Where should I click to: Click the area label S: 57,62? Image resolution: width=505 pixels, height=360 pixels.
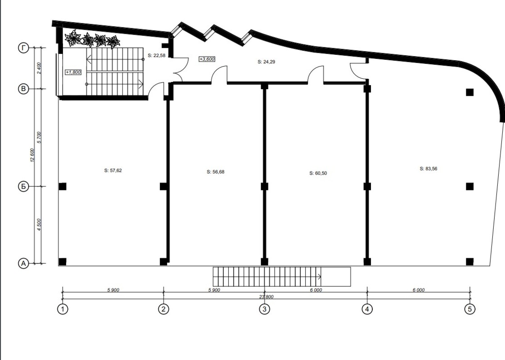(113, 171)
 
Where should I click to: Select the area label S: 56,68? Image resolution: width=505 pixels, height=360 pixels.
(216, 172)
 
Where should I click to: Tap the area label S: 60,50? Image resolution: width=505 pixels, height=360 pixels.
(318, 173)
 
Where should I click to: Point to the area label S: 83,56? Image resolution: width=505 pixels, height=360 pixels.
(428, 168)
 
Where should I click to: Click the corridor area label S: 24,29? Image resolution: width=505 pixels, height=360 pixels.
(266, 62)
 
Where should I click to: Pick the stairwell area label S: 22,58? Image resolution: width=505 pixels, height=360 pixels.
(157, 55)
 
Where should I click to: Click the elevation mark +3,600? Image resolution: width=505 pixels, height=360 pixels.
(207, 59)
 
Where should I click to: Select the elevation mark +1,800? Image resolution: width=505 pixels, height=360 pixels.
(73, 72)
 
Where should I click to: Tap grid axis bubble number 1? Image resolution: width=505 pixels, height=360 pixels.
(63, 309)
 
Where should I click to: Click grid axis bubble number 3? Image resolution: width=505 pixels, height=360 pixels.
(264, 309)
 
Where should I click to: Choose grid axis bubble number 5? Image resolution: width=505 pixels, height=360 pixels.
(469, 309)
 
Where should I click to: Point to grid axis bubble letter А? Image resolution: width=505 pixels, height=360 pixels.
(23, 263)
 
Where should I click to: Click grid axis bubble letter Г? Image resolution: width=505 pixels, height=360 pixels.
(23, 48)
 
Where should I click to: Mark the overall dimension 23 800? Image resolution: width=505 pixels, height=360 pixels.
(266, 297)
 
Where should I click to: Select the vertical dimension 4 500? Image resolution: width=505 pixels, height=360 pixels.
(39, 225)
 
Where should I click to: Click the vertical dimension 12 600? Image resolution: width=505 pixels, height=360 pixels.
(32, 155)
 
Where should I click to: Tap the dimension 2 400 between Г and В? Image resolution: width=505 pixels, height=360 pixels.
(39, 68)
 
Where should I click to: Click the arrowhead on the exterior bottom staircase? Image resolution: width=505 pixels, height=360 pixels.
(319, 276)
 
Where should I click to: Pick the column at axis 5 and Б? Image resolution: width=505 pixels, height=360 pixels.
(469, 186)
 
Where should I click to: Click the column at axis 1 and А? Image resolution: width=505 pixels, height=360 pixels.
(63, 261)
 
